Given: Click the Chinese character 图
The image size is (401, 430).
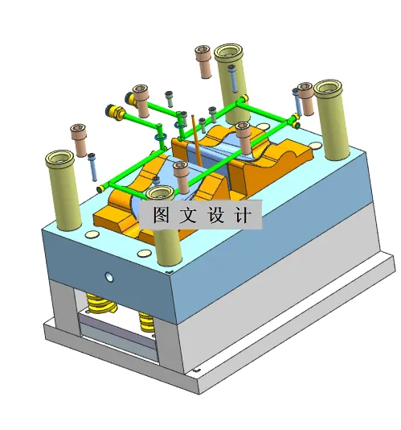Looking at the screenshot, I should (159, 215).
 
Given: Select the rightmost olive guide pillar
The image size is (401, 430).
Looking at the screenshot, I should (333, 121).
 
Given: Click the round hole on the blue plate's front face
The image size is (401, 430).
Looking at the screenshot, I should (109, 278).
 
